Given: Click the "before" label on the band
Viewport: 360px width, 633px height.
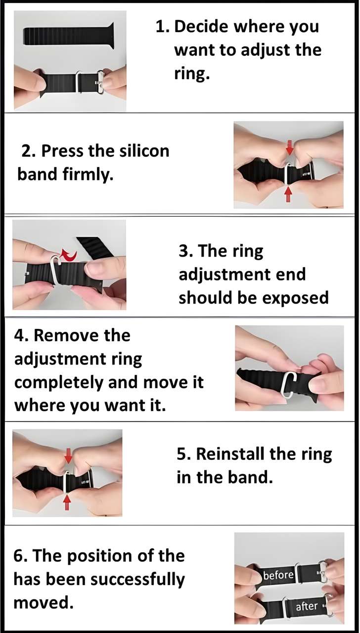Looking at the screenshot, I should [x=278, y=575].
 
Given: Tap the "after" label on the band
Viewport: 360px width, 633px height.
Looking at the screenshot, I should [x=307, y=606].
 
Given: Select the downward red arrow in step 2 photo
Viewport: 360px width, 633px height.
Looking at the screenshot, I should [x=290, y=147].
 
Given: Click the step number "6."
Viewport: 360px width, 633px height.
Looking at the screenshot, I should [x=21, y=556].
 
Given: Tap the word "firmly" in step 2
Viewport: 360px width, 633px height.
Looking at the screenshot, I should [x=89, y=174].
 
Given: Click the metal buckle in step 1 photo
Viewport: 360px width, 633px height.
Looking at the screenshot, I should [x=100, y=82].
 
